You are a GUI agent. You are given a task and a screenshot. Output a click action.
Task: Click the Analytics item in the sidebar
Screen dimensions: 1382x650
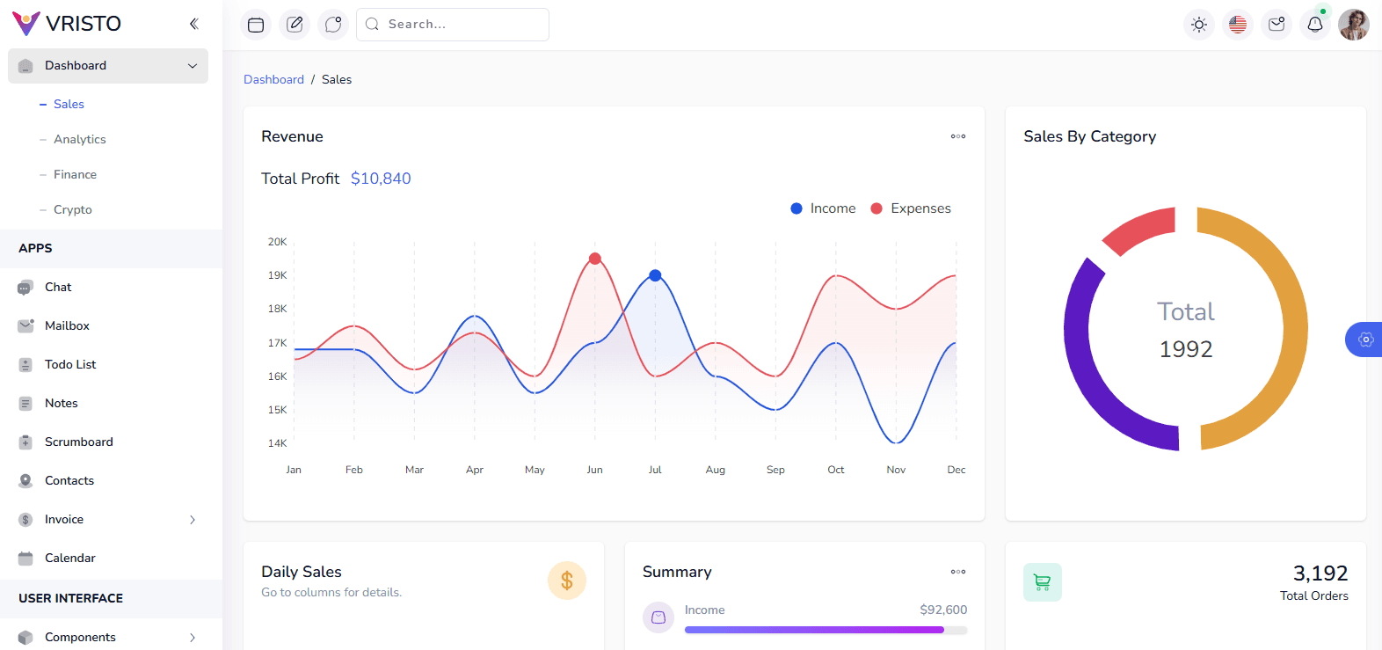(80, 140)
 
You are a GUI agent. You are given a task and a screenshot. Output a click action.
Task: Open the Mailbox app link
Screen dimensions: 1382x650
(67, 326)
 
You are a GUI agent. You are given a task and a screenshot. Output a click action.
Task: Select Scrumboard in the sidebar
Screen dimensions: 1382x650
(79, 442)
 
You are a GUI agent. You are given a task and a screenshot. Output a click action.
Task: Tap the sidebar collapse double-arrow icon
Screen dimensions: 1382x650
(193, 24)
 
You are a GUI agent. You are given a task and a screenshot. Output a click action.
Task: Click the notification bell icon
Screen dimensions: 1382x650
(1315, 25)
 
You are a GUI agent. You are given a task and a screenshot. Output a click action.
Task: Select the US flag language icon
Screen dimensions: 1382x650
(1238, 25)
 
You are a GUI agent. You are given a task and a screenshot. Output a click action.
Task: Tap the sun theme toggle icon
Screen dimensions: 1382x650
(1199, 25)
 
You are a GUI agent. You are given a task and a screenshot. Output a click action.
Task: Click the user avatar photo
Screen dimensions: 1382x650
(1354, 25)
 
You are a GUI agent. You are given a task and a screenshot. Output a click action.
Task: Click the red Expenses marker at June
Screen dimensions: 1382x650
(595, 259)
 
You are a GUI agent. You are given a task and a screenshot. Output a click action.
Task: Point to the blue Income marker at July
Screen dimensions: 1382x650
(655, 275)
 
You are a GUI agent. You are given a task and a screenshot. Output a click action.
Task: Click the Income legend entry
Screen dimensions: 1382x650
(823, 208)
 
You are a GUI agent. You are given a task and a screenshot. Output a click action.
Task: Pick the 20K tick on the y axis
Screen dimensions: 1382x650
(277, 242)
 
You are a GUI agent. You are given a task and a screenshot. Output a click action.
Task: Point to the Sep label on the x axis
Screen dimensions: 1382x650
(775, 470)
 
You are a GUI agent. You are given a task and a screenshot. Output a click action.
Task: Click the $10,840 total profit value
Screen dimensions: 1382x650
(381, 179)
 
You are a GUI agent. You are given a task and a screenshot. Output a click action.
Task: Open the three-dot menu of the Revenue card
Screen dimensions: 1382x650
(958, 136)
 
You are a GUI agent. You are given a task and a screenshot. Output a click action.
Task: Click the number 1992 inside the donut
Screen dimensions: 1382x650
(1186, 349)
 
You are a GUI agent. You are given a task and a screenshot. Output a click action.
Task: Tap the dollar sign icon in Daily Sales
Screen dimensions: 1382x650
(567, 581)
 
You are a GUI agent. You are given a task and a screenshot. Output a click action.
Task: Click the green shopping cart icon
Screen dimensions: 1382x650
(1043, 582)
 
